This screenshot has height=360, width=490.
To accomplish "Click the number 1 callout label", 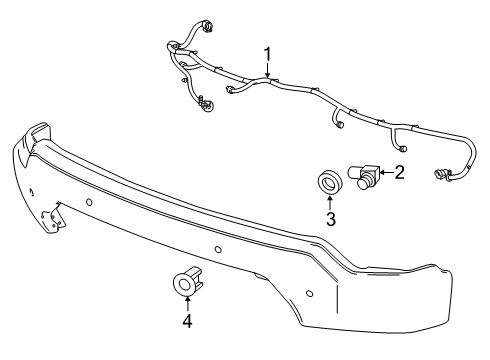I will click(x=267, y=52).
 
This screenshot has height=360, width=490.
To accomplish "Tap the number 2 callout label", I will click(x=400, y=173).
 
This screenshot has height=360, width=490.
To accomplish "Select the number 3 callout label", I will click(x=330, y=219).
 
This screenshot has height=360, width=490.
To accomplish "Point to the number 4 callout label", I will click(x=186, y=321).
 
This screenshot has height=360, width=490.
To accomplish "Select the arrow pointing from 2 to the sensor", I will click(x=385, y=173).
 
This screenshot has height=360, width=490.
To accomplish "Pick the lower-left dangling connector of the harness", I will click(x=204, y=104).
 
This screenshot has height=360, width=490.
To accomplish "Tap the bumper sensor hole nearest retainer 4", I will click(x=218, y=250).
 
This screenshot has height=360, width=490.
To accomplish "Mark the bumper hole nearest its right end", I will click(x=310, y=293).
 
